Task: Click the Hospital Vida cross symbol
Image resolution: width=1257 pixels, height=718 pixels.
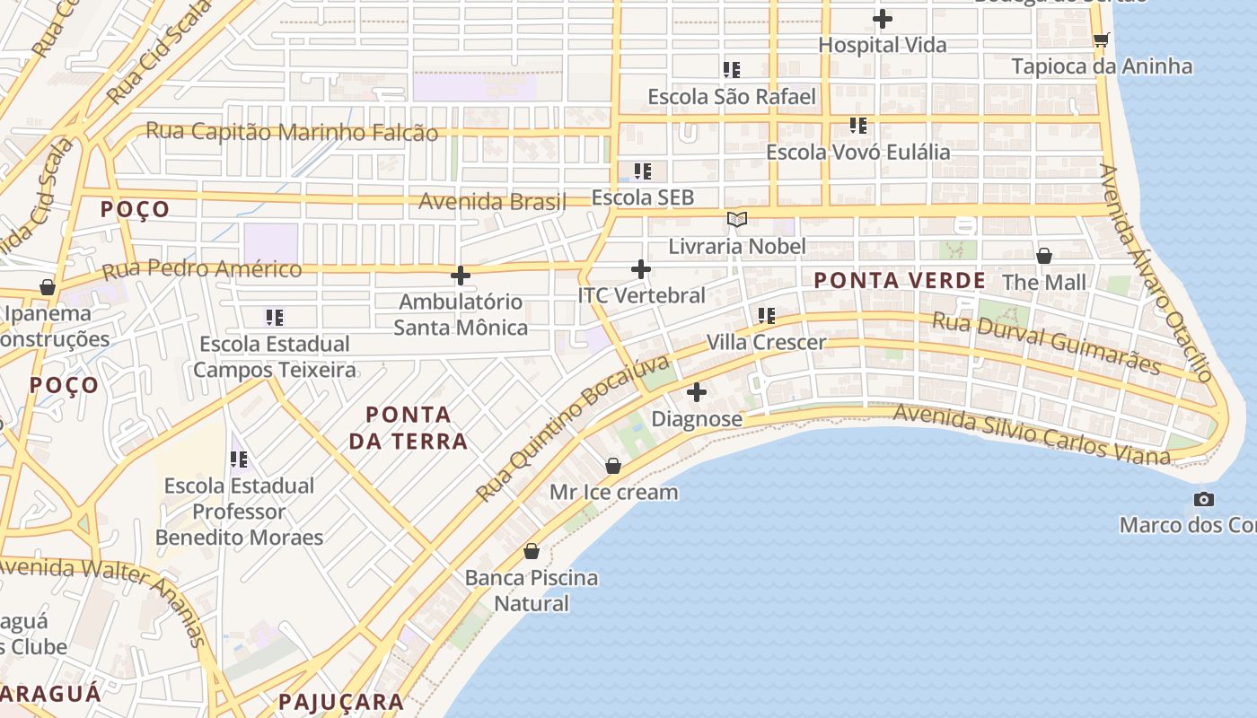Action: click(x=883, y=18)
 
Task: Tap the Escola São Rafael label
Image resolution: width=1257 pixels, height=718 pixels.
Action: click(x=732, y=97)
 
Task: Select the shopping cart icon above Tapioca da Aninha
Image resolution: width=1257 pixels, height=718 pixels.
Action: click(x=1101, y=39)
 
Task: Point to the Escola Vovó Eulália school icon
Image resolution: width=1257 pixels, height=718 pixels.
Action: click(x=858, y=126)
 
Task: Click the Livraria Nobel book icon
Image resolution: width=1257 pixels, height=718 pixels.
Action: click(x=737, y=219)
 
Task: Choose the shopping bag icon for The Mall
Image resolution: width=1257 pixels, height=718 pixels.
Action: click(x=1044, y=256)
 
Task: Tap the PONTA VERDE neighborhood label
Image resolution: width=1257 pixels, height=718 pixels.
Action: click(x=900, y=281)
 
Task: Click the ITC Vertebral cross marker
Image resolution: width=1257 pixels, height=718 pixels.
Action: click(x=641, y=268)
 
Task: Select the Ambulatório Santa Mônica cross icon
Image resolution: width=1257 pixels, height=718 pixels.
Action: click(x=461, y=276)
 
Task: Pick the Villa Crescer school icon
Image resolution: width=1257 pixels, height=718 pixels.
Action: click(x=766, y=315)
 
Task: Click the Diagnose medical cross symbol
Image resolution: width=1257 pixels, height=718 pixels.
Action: click(x=697, y=392)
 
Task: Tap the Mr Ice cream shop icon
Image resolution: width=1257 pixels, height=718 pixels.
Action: click(x=613, y=466)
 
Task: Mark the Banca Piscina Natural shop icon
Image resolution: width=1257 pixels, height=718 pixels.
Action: click(x=532, y=551)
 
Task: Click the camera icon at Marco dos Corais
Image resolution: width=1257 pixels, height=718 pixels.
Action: click(x=1203, y=499)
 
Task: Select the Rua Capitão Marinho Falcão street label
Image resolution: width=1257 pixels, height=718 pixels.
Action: click(x=292, y=132)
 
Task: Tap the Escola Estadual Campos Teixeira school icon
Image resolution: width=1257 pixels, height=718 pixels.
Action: click(x=275, y=317)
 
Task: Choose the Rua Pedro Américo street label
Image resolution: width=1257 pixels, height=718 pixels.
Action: click(x=202, y=269)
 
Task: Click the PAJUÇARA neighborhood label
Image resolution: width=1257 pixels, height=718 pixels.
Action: click(x=341, y=702)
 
